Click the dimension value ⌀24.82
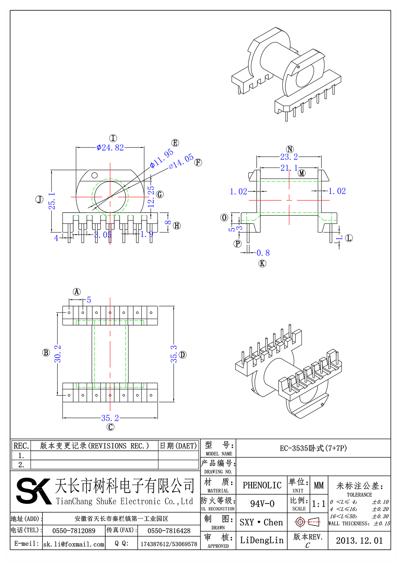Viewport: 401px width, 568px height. coord(110,148)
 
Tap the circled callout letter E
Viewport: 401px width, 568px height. coord(175,143)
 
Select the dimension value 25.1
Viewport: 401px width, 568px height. coord(52,201)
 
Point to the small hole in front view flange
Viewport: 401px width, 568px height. coord(95,175)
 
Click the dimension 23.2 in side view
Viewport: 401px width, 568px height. coord(289,157)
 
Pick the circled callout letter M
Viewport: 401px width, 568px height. coord(302,173)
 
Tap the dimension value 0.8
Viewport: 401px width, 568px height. coord(263,253)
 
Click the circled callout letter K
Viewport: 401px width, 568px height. coord(262,264)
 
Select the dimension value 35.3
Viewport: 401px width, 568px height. coord(174,354)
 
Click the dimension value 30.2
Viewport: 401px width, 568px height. coord(58,354)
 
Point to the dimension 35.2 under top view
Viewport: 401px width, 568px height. coord(110,418)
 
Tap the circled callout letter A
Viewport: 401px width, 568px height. coord(77,292)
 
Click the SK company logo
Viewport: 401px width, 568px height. coord(33,491)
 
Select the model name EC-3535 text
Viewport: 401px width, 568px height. coord(313,448)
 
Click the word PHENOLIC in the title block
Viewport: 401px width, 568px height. coord(262,485)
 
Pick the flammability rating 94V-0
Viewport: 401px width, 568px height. coord(262,504)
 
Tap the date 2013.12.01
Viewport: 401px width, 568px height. coord(359,541)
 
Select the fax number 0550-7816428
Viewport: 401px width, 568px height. coord(169,531)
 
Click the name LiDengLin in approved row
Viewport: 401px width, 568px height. coord(262,540)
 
